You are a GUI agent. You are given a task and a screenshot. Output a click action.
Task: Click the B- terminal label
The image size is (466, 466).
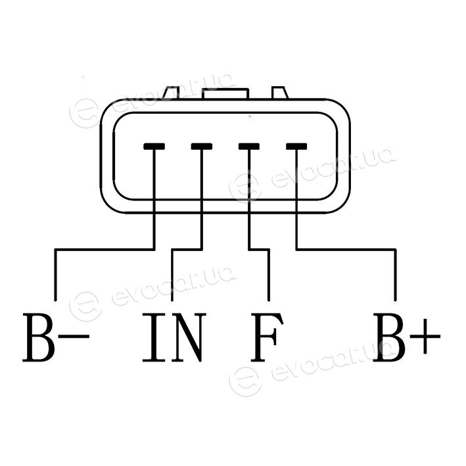click(56, 337)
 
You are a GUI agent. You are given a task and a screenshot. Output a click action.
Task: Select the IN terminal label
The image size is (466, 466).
click(174, 337)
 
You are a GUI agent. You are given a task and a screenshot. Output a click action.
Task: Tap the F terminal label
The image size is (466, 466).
click(267, 337)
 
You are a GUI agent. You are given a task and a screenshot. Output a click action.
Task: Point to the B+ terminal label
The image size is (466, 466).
click(406, 337)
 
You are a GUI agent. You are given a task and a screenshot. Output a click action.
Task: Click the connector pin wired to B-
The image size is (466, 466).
click(154, 146)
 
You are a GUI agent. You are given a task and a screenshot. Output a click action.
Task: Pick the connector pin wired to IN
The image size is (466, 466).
click(202, 146)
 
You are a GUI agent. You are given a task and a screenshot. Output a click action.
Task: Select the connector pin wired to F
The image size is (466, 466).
click(249, 146)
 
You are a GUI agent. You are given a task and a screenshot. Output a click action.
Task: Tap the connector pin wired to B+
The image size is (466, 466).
click(296, 146)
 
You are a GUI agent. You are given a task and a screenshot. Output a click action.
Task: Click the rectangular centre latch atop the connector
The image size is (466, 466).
click(225, 93)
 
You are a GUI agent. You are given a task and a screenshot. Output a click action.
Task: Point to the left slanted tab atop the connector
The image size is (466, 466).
click(172, 93)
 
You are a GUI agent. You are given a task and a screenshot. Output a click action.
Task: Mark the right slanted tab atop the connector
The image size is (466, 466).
click(280, 93)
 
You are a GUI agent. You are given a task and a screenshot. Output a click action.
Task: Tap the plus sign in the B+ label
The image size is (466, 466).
click(425, 337)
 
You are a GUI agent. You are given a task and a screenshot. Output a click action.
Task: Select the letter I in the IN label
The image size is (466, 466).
click(154, 337)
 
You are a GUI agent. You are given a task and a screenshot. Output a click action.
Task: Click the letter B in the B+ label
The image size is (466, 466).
click(389, 337)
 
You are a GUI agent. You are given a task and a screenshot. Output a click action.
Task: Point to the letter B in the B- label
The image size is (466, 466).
click(39, 337)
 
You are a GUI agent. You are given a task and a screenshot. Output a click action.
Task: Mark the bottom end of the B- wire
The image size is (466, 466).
click(55, 301)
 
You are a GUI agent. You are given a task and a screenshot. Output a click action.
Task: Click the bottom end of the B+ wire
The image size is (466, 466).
click(395, 301)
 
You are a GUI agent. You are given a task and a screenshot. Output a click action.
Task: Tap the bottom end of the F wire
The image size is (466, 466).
click(269, 301)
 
